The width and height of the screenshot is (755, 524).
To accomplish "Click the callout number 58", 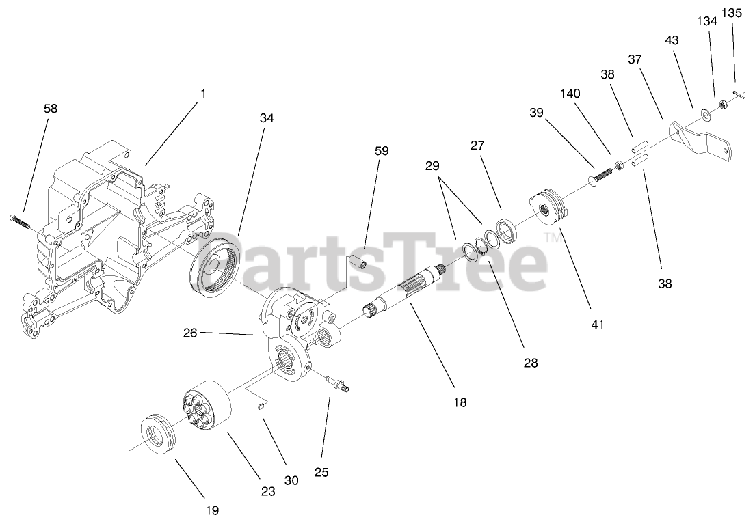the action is click(50, 108).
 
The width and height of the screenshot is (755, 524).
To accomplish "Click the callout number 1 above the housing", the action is click(202, 94).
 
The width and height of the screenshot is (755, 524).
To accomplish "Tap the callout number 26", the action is click(190, 333).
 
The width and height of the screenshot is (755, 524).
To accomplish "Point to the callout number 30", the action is click(291, 480).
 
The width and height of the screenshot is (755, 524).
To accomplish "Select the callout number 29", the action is click(432, 166).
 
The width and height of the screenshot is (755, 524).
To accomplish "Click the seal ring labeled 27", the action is click(507, 230).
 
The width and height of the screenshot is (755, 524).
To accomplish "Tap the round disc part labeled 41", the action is click(548, 208).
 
